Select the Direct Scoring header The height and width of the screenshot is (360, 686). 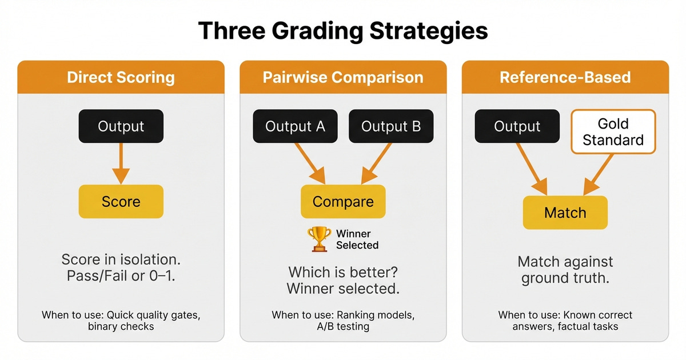(x=121, y=78)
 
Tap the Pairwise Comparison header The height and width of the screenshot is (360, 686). (x=343, y=78)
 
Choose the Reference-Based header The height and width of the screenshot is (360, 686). (x=565, y=78)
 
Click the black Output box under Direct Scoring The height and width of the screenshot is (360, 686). (x=121, y=126)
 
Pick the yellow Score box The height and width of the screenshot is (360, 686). (x=121, y=201)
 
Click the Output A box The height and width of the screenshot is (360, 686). (x=295, y=126)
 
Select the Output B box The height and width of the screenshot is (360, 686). (x=391, y=126)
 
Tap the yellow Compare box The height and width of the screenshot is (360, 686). (x=343, y=201)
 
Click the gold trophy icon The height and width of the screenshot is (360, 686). (x=318, y=239)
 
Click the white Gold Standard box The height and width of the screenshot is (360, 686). (x=613, y=132)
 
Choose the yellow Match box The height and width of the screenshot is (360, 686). (x=565, y=213)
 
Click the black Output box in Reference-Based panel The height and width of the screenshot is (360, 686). (x=517, y=126)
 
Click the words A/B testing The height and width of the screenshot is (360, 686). (x=343, y=327)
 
